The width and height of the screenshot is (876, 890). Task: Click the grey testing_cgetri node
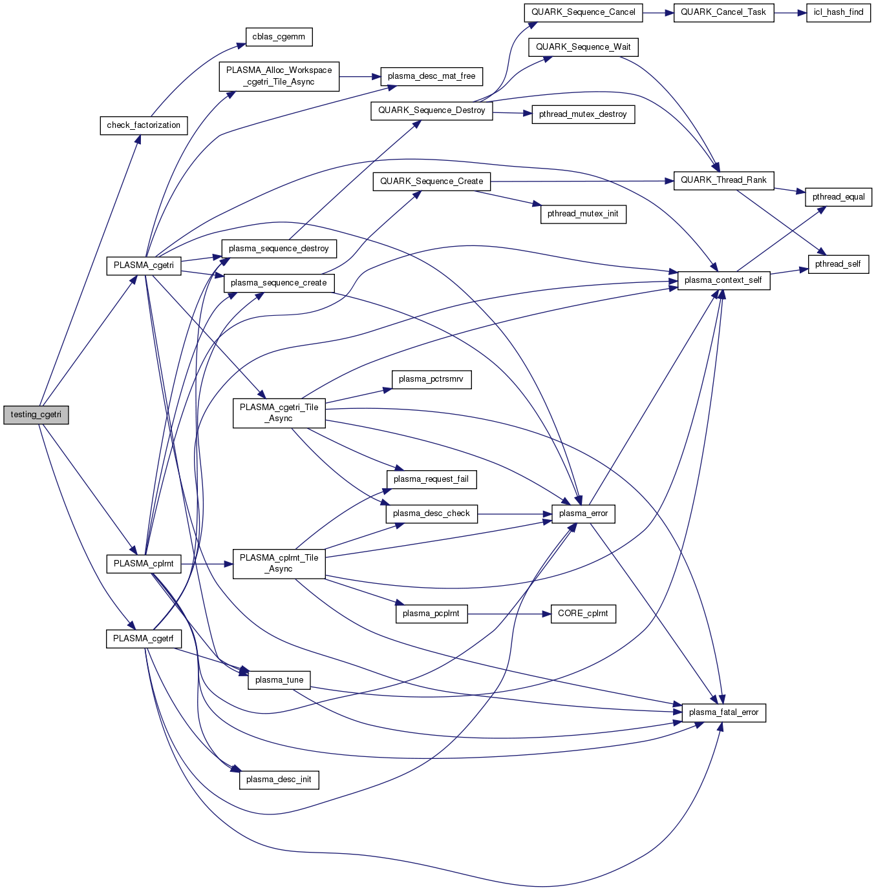(36, 415)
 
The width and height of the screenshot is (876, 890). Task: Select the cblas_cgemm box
(279, 37)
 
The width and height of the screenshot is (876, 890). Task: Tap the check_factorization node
(144, 125)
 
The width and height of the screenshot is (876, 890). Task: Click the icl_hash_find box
(838, 12)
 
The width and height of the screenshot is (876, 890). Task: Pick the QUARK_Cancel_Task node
(723, 12)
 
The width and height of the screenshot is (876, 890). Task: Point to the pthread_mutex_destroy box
(582, 114)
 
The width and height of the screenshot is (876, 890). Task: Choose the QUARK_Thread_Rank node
(723, 180)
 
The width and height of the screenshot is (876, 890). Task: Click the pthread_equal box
(838, 197)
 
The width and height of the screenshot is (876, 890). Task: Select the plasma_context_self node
(723, 280)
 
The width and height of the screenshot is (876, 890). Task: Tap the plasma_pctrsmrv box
(431, 379)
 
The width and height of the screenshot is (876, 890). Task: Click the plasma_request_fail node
(431, 479)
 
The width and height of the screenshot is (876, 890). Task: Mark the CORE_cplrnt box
(582, 614)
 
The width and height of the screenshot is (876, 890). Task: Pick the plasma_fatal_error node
(723, 712)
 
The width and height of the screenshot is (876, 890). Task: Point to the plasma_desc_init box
(279, 780)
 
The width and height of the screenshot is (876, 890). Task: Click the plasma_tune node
(279, 680)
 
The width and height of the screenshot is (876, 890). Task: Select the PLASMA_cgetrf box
(143, 639)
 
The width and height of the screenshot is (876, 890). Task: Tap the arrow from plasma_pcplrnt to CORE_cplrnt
(508, 614)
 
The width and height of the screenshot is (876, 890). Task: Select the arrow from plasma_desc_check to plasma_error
(515, 514)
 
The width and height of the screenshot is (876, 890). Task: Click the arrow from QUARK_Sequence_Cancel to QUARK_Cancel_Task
(658, 12)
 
